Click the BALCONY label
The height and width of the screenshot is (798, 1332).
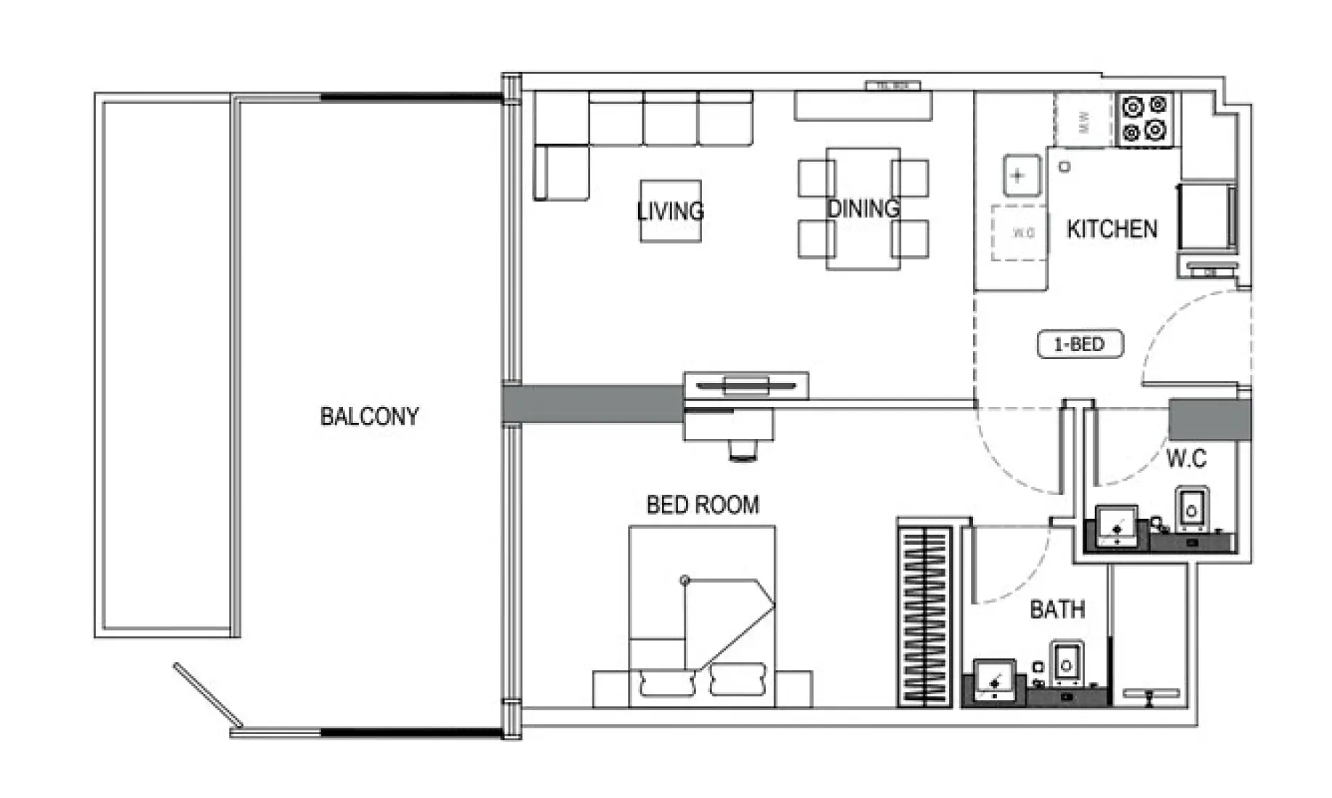tap(369, 416)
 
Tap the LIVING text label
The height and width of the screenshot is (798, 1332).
tap(671, 211)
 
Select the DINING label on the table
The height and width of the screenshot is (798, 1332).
tap(864, 209)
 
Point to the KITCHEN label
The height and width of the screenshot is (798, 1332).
tap(1112, 229)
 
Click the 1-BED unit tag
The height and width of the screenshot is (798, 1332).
tap(1080, 344)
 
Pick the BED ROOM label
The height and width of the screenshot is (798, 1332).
tap(703, 505)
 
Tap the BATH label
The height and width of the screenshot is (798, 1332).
tap(1057, 609)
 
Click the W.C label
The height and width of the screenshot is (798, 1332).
tap(1186, 458)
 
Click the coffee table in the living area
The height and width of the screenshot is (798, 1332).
tap(671, 211)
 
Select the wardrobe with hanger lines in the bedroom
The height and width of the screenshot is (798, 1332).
tap(924, 617)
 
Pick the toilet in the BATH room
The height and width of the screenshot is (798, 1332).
tap(1066, 662)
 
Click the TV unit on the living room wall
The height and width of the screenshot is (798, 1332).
tap(746, 385)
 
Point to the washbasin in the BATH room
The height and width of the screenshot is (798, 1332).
tap(994, 680)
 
